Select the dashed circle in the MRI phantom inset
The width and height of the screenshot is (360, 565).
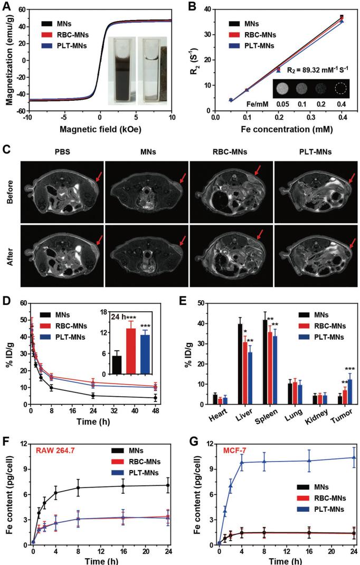336,89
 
